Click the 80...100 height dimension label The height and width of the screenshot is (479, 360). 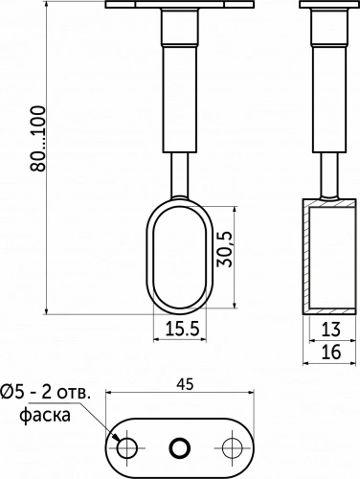(37, 139)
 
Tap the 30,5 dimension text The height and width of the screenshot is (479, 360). (225, 249)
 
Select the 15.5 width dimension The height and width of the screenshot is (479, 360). (182, 329)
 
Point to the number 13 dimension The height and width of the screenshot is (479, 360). (331, 330)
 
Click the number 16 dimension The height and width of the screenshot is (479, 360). (331, 352)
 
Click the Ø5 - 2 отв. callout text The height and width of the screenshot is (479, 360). (46, 392)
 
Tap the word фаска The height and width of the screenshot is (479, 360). (45, 416)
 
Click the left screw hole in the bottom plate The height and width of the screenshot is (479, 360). (127, 447)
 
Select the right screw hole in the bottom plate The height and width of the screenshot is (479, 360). (232, 447)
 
